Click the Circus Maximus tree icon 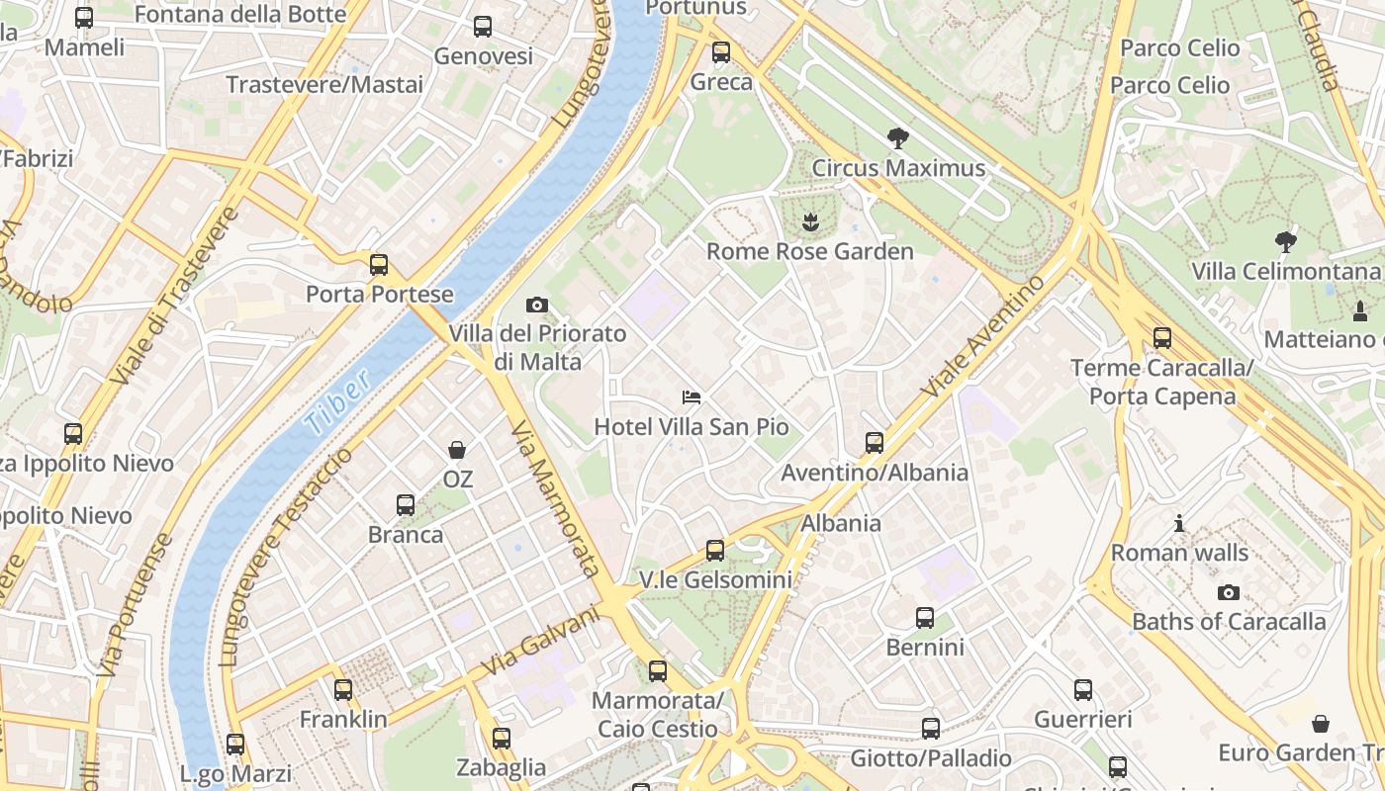(x=898, y=138)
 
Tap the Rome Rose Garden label (x=809, y=251)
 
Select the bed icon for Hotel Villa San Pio (x=692, y=397)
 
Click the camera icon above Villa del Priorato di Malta (x=537, y=305)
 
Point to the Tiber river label (x=336, y=402)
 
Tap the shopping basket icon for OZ (x=457, y=451)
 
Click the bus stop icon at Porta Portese (x=379, y=265)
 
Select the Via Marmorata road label (x=556, y=499)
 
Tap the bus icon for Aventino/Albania (x=875, y=443)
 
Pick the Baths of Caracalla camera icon (x=1229, y=592)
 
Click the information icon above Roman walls (x=1179, y=523)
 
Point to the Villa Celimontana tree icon (x=1285, y=240)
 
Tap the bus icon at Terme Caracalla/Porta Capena (x=1162, y=338)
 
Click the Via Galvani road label (x=542, y=643)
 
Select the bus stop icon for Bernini (x=925, y=618)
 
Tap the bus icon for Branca (x=406, y=505)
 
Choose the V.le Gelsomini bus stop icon (x=715, y=551)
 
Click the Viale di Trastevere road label (x=175, y=297)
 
